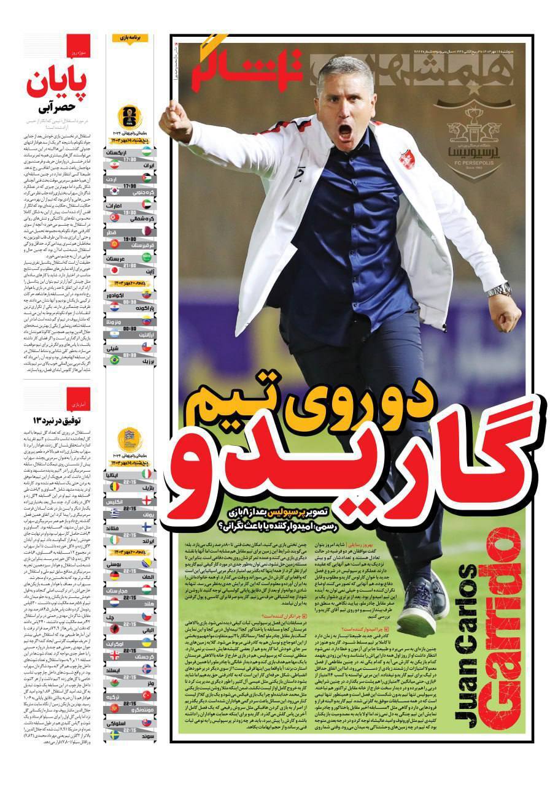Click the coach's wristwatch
click(x=498, y=289)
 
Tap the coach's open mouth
click(x=345, y=131)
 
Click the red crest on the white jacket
click(x=408, y=159)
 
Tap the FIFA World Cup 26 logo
click(x=130, y=116)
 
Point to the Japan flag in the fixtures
click(x=114, y=269)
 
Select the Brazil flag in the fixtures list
click(x=114, y=360)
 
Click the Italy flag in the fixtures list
click(x=146, y=474)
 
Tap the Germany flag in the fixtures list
click(x=114, y=576)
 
